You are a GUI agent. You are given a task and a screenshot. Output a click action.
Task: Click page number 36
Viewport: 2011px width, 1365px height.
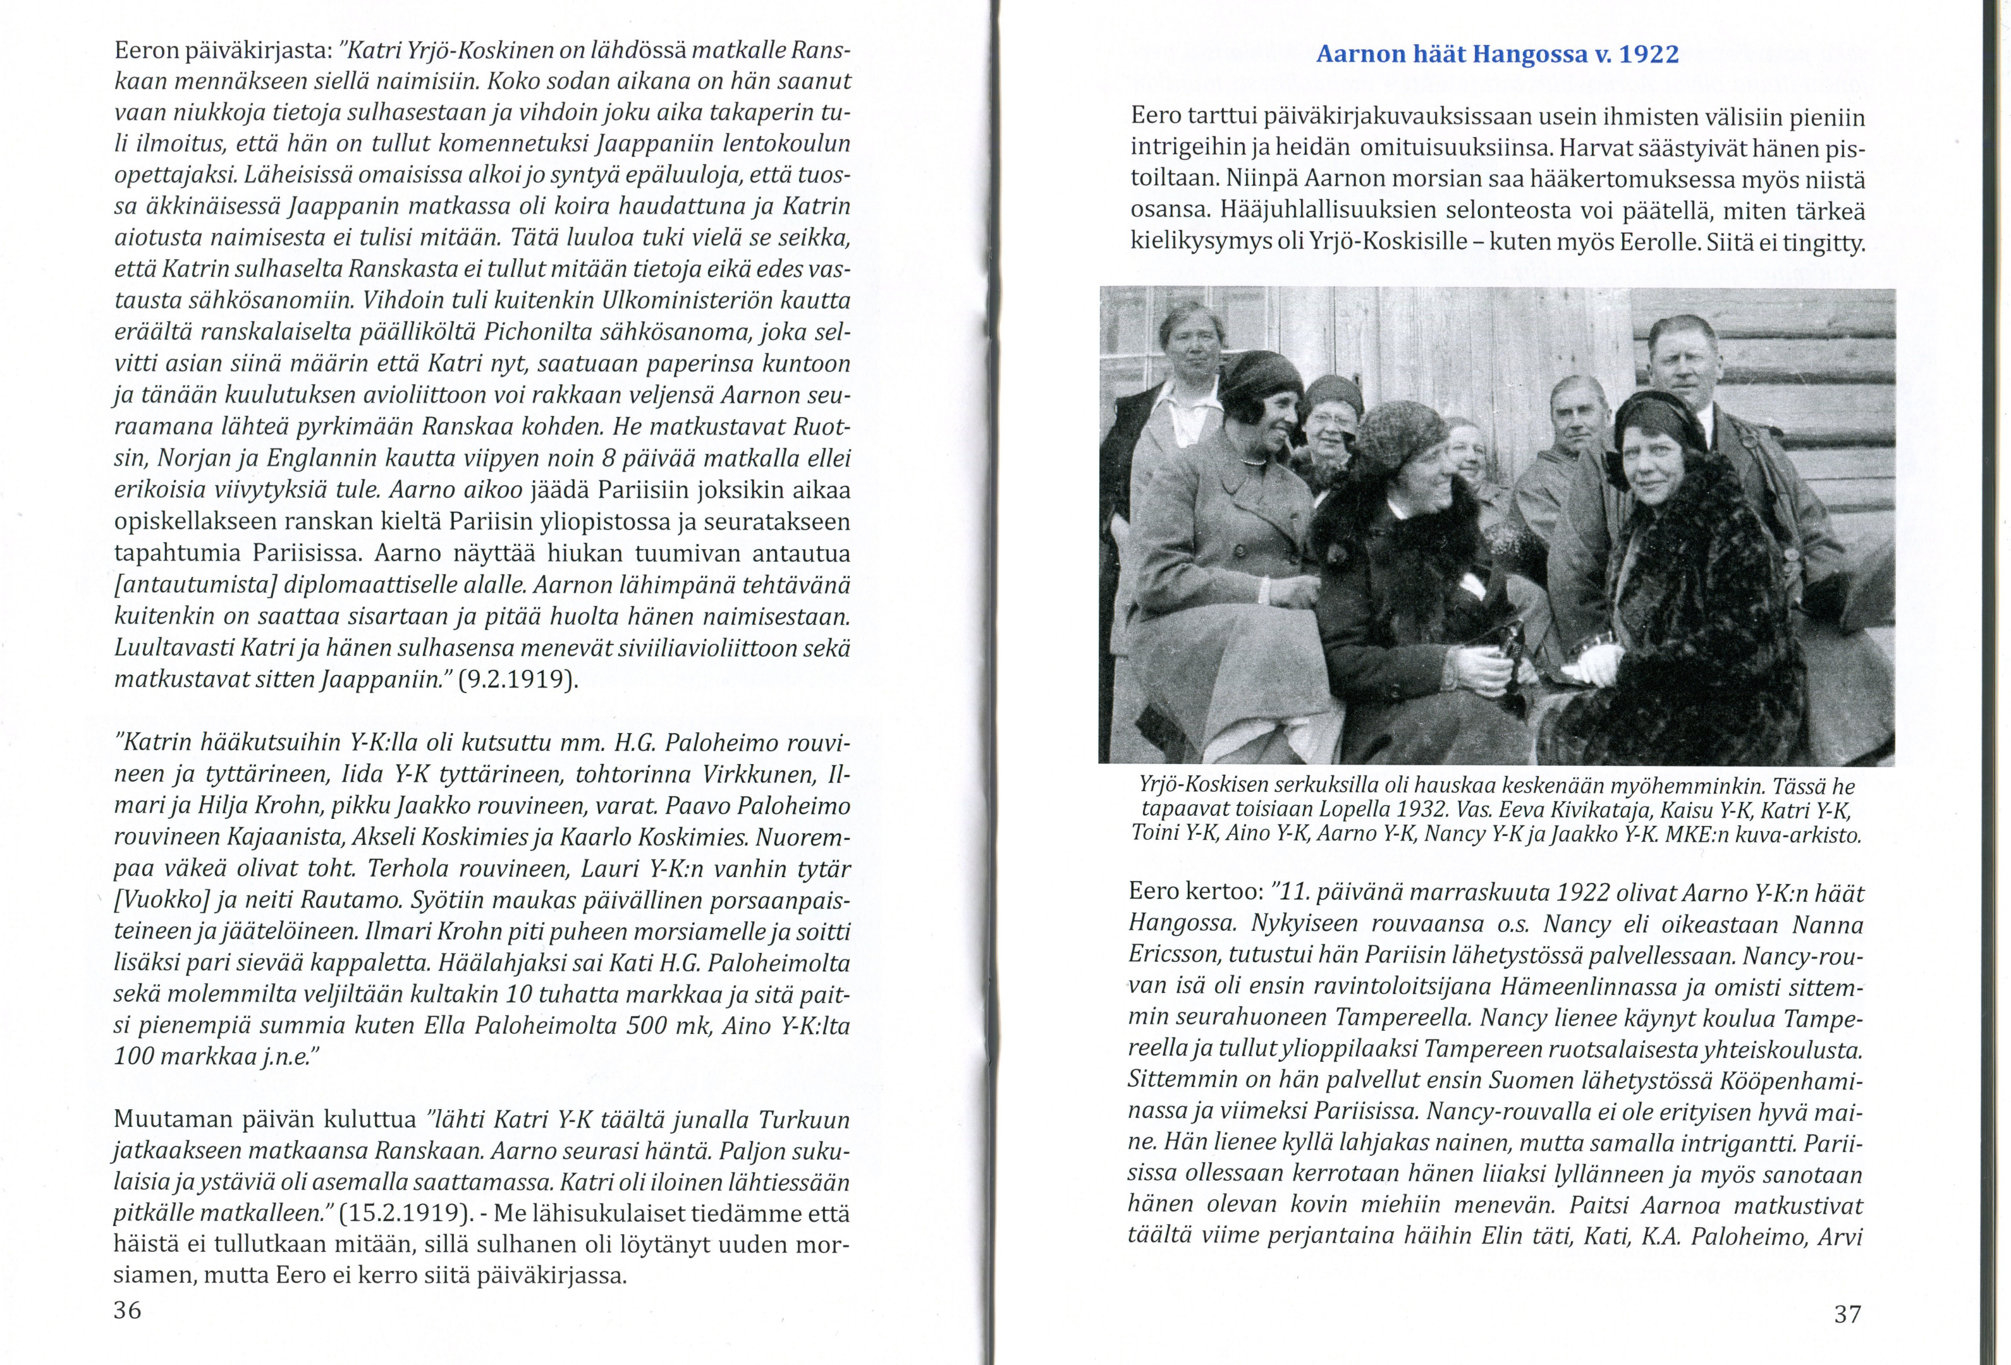coord(127,1311)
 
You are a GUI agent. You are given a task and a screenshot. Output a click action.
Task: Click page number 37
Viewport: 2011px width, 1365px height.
coord(1847,1315)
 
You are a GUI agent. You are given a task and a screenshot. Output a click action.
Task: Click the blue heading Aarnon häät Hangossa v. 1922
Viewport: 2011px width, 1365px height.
coord(1497,54)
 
